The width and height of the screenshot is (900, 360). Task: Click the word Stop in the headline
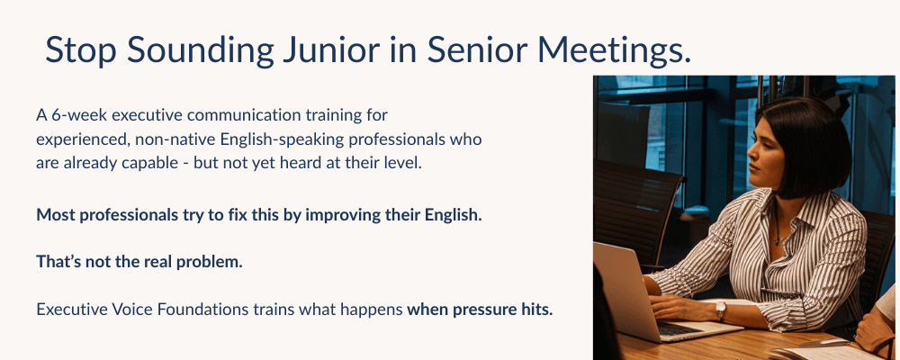81,51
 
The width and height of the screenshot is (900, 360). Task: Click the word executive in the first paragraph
146,115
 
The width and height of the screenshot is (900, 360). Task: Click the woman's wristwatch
719,310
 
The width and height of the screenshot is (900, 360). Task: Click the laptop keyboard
678,328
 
